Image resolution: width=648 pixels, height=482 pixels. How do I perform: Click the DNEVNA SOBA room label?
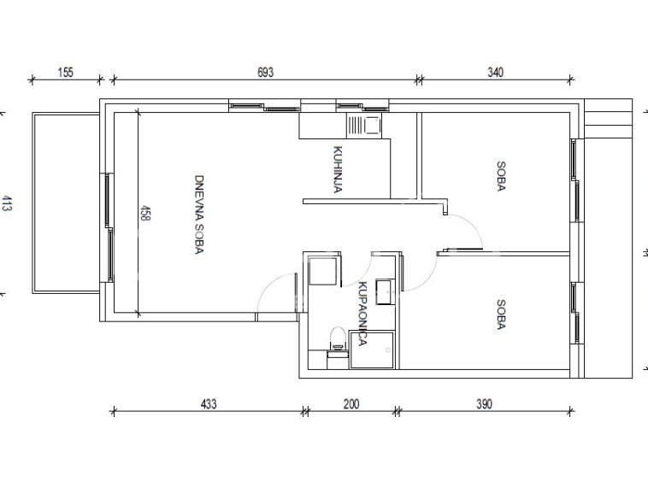(199, 215)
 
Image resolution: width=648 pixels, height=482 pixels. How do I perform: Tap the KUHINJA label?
(338, 169)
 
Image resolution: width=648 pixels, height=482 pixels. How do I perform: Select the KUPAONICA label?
(362, 314)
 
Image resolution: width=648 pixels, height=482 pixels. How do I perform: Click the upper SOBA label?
(500, 176)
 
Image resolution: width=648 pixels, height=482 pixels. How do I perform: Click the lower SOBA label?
(500, 314)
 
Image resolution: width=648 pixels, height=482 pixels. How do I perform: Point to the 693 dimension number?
(265, 73)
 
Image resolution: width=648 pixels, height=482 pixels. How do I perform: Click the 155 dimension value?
(65, 73)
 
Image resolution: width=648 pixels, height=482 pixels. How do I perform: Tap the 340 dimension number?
(495, 73)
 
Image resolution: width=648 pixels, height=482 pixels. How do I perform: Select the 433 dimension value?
(209, 403)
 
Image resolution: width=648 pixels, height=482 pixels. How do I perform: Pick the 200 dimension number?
(351, 403)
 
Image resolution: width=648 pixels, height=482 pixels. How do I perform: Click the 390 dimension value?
(484, 403)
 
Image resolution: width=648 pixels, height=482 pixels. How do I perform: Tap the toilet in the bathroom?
(338, 338)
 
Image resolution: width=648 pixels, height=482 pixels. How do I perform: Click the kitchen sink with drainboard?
(364, 125)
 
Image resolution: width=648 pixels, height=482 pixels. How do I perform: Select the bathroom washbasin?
(385, 292)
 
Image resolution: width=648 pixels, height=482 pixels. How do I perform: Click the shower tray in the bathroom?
(372, 350)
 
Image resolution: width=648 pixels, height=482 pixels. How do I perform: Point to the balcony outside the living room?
(66, 203)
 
